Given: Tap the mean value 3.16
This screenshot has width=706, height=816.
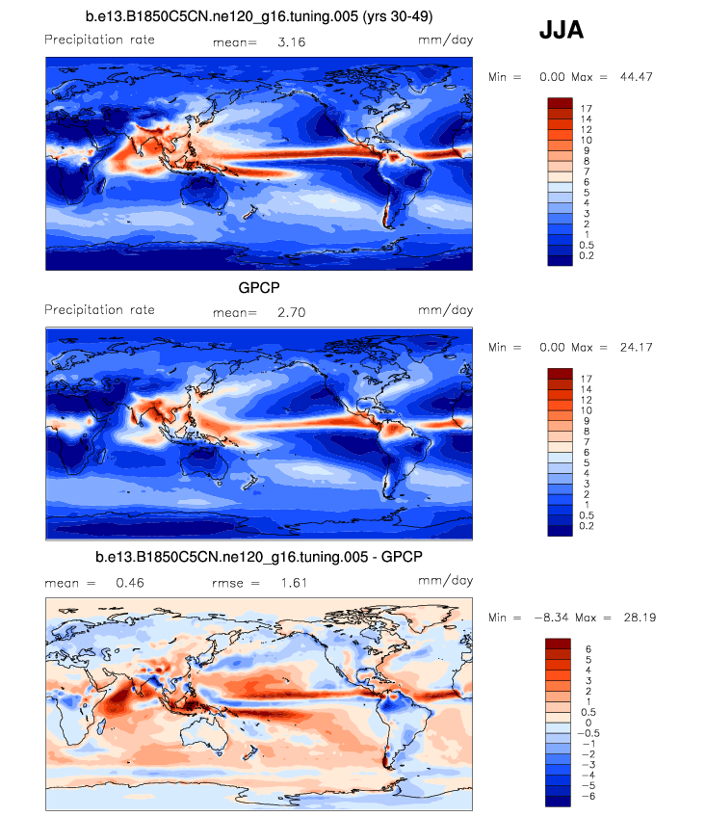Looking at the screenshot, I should pyautogui.click(x=291, y=42).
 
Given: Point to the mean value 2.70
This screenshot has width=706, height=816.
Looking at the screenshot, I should pyautogui.click(x=291, y=312).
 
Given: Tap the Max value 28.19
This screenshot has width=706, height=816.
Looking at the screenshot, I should pyautogui.click(x=637, y=617).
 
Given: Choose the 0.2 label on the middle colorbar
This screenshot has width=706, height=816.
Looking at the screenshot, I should pyautogui.click(x=588, y=526).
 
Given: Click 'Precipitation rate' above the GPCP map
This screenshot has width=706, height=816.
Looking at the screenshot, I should pyautogui.click(x=99, y=310).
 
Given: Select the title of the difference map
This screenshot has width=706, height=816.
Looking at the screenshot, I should pyautogui.click(x=260, y=557).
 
